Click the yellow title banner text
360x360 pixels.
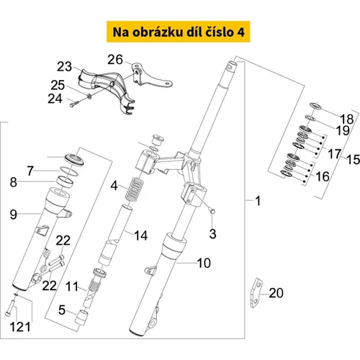tap(179, 32)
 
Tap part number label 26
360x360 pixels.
tap(115, 60)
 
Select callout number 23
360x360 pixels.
tap(64, 66)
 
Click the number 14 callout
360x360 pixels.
tap(140, 235)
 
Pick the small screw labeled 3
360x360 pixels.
tap(212, 211)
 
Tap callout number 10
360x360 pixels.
tap(204, 263)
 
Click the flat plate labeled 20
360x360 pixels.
tap(256, 293)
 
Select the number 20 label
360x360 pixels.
tap(276, 293)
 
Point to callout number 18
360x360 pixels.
tap(347, 119)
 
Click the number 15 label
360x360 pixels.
tap(354, 160)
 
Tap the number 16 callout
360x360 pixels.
tap(323, 177)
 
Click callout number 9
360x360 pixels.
tap(14, 215)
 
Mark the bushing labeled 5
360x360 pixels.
tap(81, 318)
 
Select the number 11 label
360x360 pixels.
tap(72, 287)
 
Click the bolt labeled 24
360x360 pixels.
tap(74, 104)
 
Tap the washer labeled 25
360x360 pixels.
tap(89, 96)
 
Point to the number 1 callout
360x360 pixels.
tap(258, 201)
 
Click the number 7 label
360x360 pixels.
tap(30, 171)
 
